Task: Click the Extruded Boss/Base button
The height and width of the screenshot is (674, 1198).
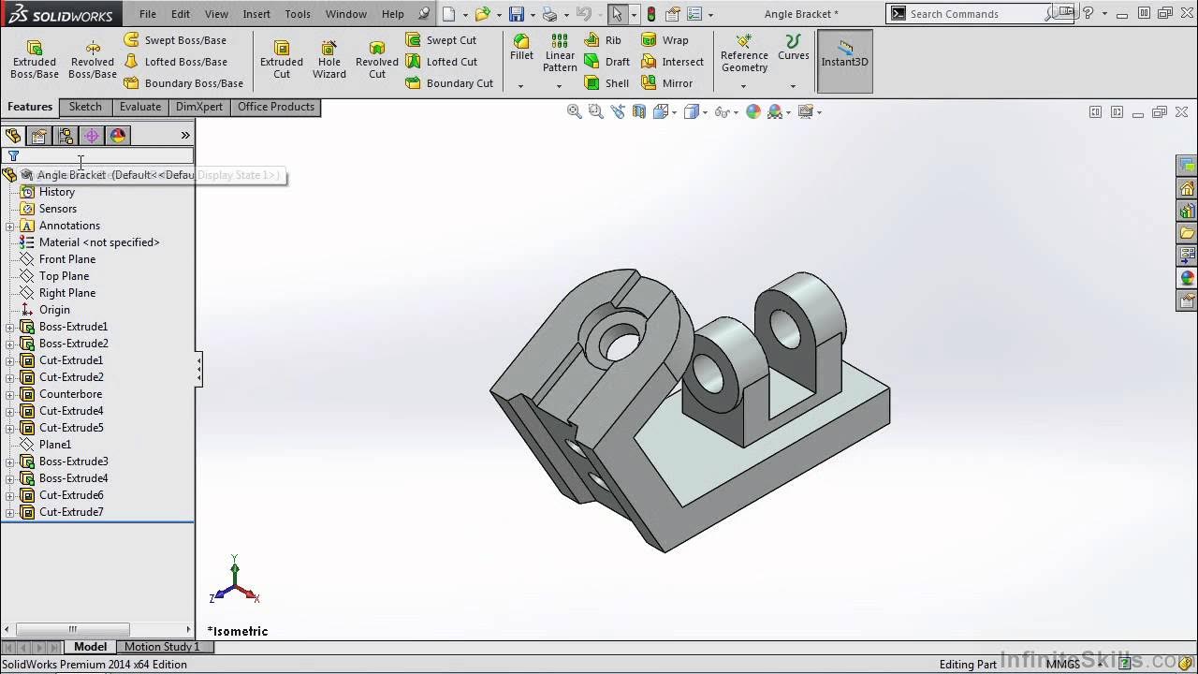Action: pyautogui.click(x=35, y=59)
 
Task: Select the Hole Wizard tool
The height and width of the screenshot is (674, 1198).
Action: pyautogui.click(x=329, y=59)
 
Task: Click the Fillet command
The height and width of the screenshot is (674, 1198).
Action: pyautogui.click(x=521, y=48)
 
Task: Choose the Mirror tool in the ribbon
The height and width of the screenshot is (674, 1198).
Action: pyautogui.click(x=667, y=83)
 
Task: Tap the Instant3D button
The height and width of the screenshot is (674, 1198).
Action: pyautogui.click(x=844, y=60)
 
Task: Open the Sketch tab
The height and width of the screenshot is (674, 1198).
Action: pyautogui.click(x=85, y=107)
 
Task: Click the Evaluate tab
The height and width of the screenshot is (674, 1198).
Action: pyautogui.click(x=140, y=107)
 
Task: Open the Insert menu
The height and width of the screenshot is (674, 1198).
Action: pyautogui.click(x=256, y=14)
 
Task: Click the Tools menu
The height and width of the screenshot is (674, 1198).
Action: pyautogui.click(x=298, y=14)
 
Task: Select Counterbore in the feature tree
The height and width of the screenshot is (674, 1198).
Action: pyautogui.click(x=71, y=394)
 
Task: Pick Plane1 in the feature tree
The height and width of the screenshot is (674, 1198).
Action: pyautogui.click(x=55, y=445)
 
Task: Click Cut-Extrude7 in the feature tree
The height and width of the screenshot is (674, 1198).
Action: pyautogui.click(x=71, y=512)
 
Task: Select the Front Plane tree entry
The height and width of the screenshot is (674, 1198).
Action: pyautogui.click(x=67, y=259)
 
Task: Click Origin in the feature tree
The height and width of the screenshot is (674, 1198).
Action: pyautogui.click(x=54, y=310)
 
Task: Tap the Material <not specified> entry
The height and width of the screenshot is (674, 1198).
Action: pyautogui.click(x=99, y=242)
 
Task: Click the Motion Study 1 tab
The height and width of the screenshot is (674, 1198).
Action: pyautogui.click(x=162, y=647)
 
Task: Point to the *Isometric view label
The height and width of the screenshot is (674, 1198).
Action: pyautogui.click(x=238, y=631)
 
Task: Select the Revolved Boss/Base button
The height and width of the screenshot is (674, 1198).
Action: pyautogui.click(x=93, y=59)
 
